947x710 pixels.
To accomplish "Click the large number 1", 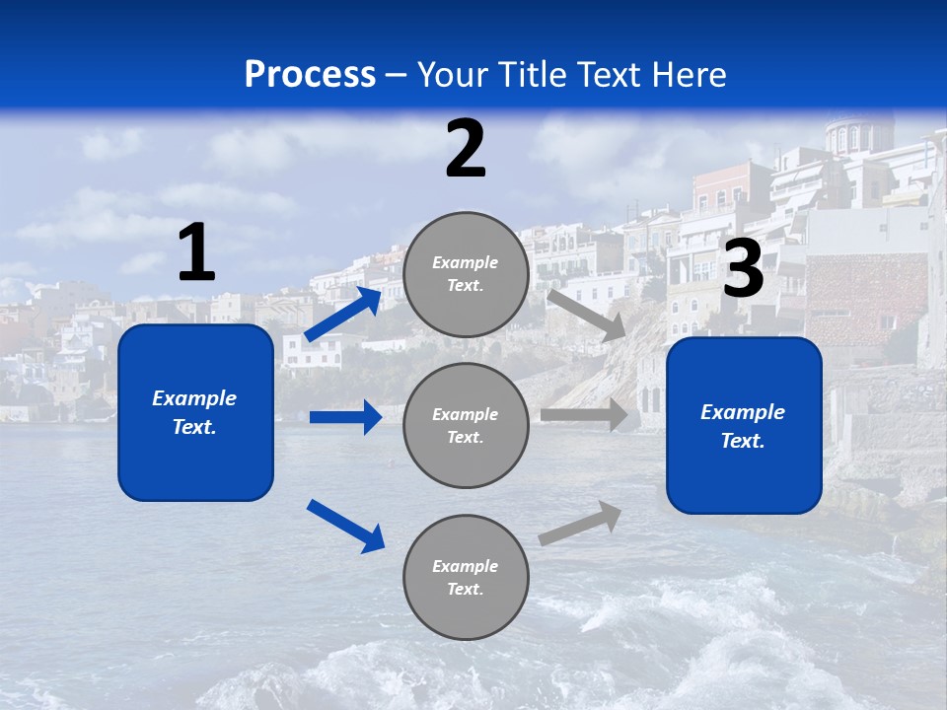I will pyautogui.click(x=196, y=252).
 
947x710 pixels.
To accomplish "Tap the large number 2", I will pyautogui.click(x=466, y=149).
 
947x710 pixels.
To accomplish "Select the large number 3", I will pyautogui.click(x=744, y=269).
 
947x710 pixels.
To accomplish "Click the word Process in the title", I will pyautogui.click(x=310, y=74).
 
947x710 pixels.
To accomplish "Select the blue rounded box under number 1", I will pyautogui.click(x=195, y=412).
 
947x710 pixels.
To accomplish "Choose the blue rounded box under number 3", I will pyautogui.click(x=744, y=425).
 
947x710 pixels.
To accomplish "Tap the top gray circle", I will pyautogui.click(x=466, y=274).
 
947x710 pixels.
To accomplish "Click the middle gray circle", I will pyautogui.click(x=466, y=425).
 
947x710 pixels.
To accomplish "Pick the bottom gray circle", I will pyautogui.click(x=466, y=577).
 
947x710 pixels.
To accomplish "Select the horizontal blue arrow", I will pyautogui.click(x=345, y=417).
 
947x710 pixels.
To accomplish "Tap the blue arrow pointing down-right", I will pyautogui.click(x=345, y=526).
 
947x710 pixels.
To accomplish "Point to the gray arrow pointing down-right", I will pyautogui.click(x=588, y=316).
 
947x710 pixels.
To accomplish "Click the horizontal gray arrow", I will pyautogui.click(x=584, y=415).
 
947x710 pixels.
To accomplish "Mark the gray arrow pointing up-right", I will pyautogui.click(x=580, y=524).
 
